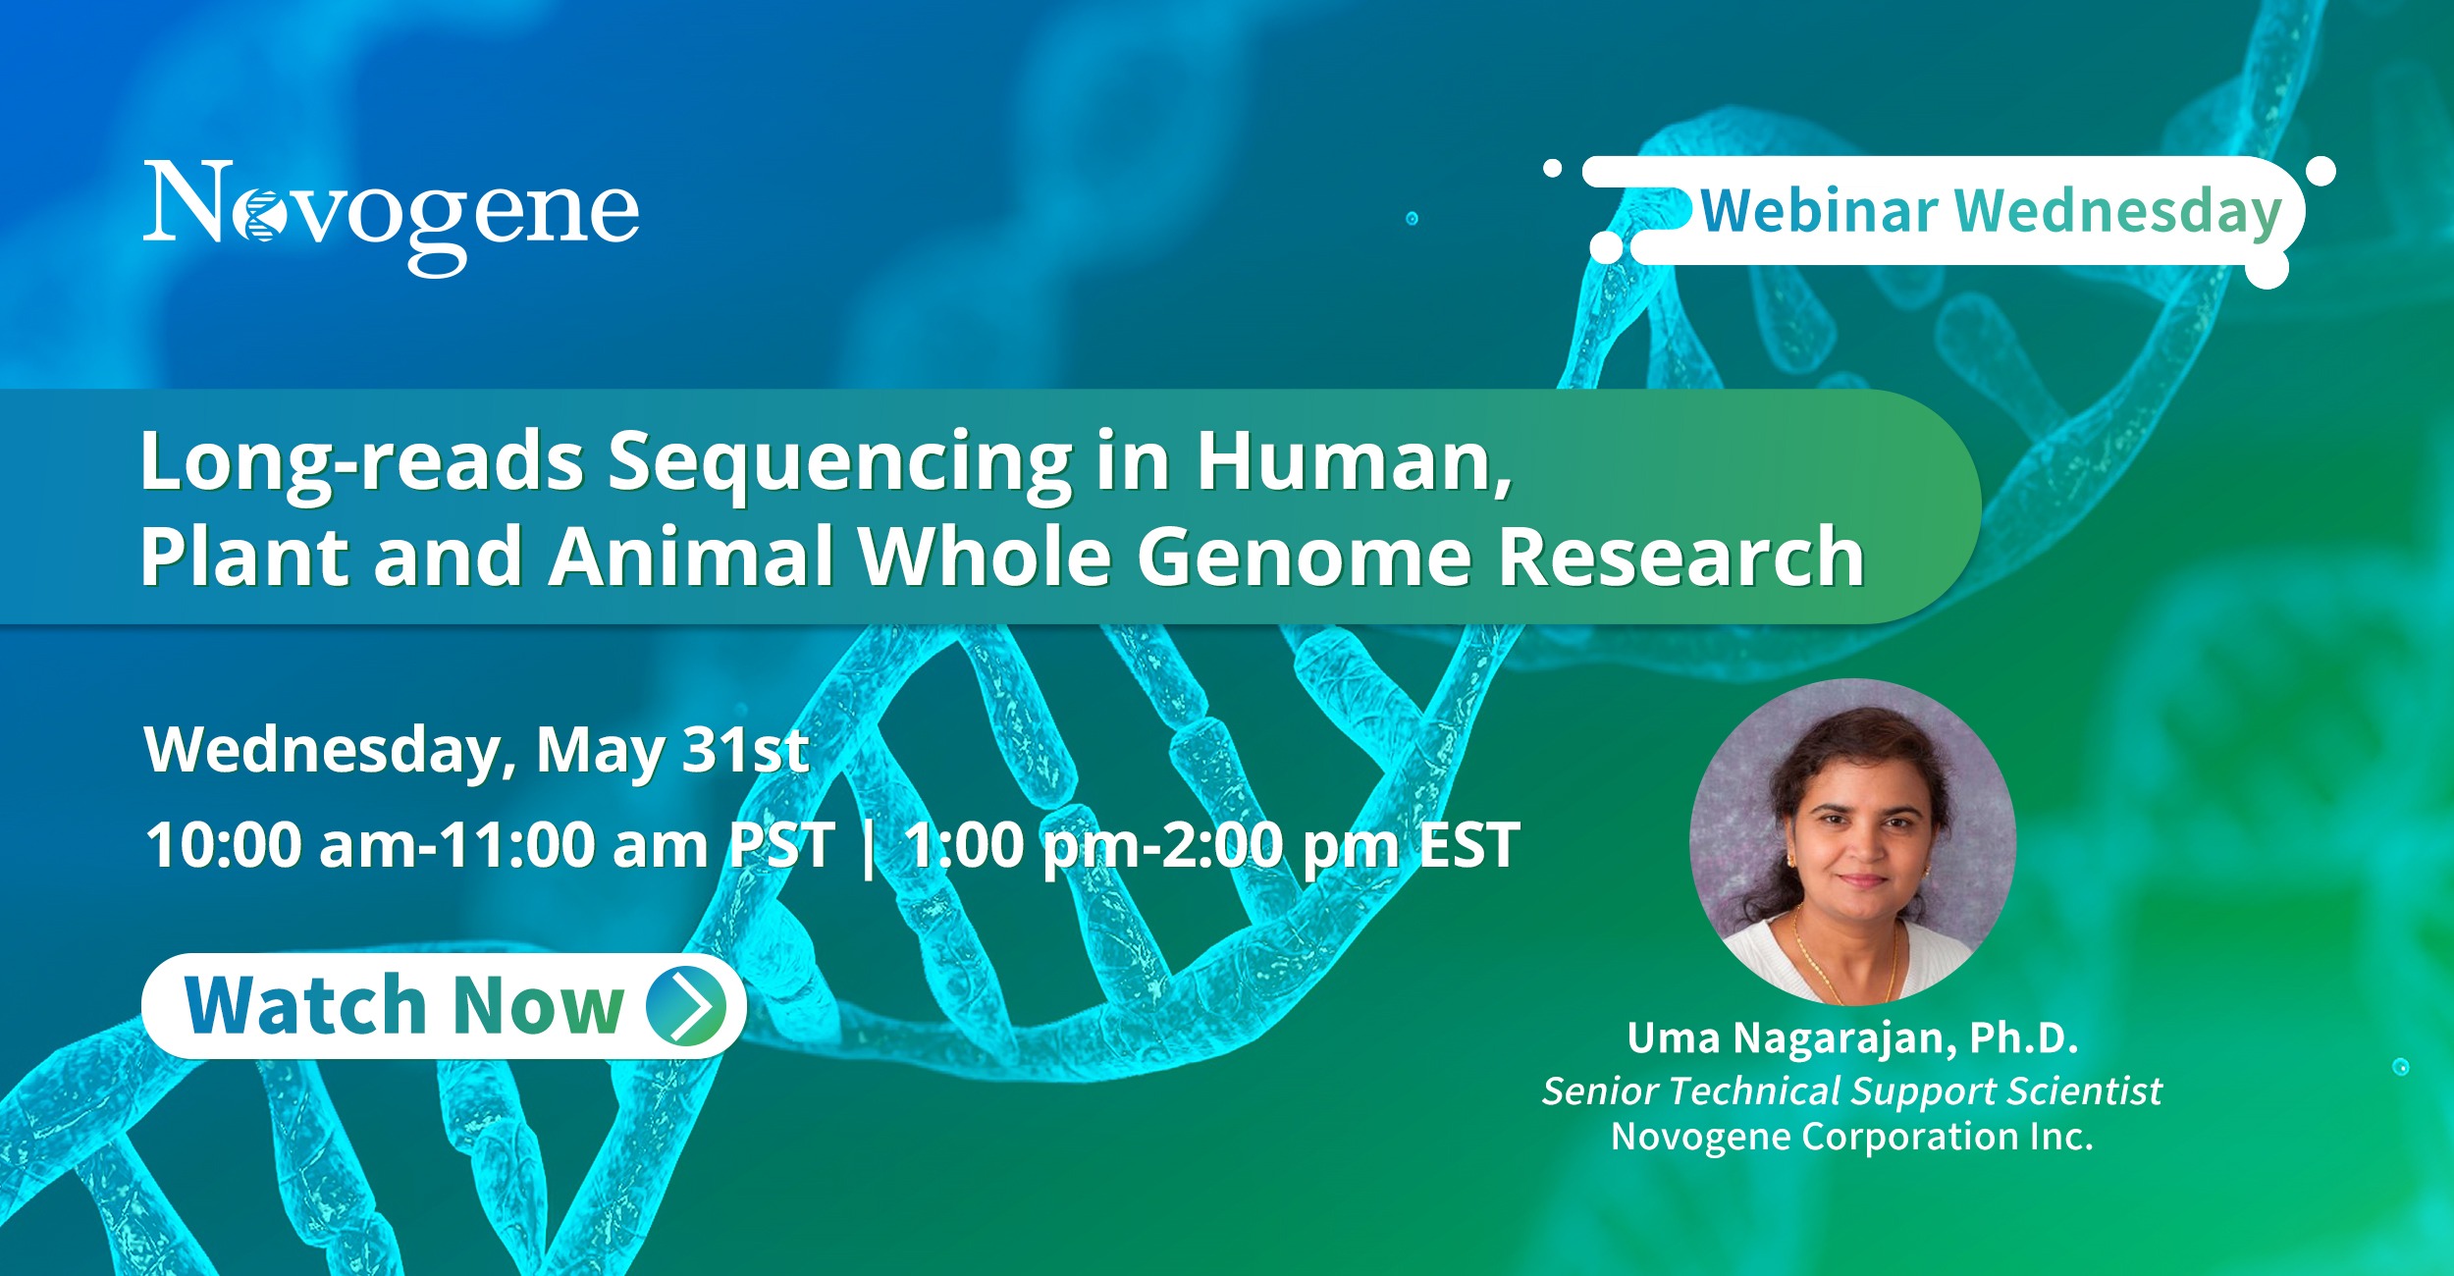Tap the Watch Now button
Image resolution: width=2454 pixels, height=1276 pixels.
click(444, 1006)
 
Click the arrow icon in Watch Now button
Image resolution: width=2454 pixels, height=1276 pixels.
click(686, 1006)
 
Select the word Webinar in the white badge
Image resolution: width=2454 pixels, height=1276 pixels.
click(1819, 211)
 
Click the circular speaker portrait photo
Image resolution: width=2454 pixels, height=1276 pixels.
click(1852, 841)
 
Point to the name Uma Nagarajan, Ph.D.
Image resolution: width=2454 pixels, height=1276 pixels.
click(1852, 1038)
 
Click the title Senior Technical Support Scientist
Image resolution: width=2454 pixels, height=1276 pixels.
click(1851, 1091)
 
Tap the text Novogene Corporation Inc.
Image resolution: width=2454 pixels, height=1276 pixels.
click(1852, 1137)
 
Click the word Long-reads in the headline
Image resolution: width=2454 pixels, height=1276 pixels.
click(362, 462)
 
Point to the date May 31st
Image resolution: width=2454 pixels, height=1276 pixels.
click(672, 751)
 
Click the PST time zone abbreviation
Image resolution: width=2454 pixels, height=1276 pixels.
click(781, 845)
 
